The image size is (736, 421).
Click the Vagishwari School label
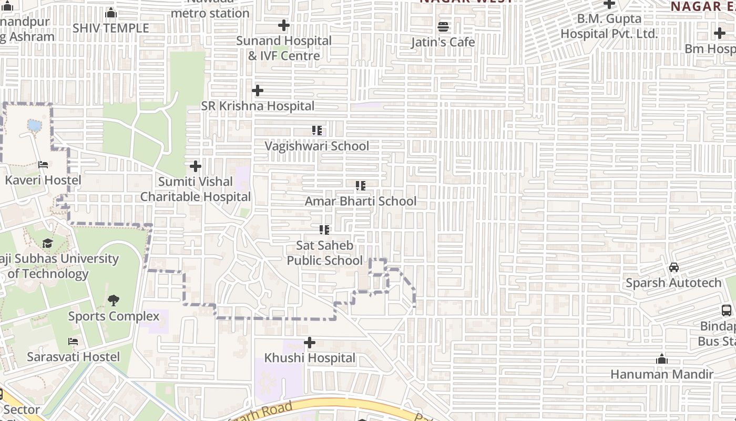click(x=316, y=146)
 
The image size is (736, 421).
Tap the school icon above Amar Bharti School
click(x=360, y=186)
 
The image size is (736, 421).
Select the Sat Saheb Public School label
click(x=324, y=253)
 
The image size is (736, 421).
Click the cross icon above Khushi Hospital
click(x=310, y=343)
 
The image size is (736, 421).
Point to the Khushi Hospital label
click(x=310, y=358)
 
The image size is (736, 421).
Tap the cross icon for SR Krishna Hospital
click(x=257, y=91)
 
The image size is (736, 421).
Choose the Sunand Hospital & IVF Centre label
click(x=284, y=48)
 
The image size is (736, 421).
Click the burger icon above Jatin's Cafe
click(x=443, y=26)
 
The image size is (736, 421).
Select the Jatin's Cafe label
click(x=443, y=42)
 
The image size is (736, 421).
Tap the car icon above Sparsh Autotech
click(x=673, y=267)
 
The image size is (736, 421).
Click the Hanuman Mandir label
click(x=661, y=374)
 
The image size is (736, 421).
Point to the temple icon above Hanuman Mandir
click(x=661, y=359)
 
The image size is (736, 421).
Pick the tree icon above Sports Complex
click(x=113, y=300)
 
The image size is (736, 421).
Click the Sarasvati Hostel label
click(x=74, y=357)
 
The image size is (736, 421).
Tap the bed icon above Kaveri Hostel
click(x=43, y=165)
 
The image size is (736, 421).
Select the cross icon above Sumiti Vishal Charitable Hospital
click(x=195, y=166)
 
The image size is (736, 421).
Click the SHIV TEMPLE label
click(x=111, y=28)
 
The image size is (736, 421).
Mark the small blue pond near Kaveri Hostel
click(x=34, y=125)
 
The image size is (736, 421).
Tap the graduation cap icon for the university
click(x=47, y=243)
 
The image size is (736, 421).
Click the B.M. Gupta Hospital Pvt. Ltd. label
click(x=609, y=26)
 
